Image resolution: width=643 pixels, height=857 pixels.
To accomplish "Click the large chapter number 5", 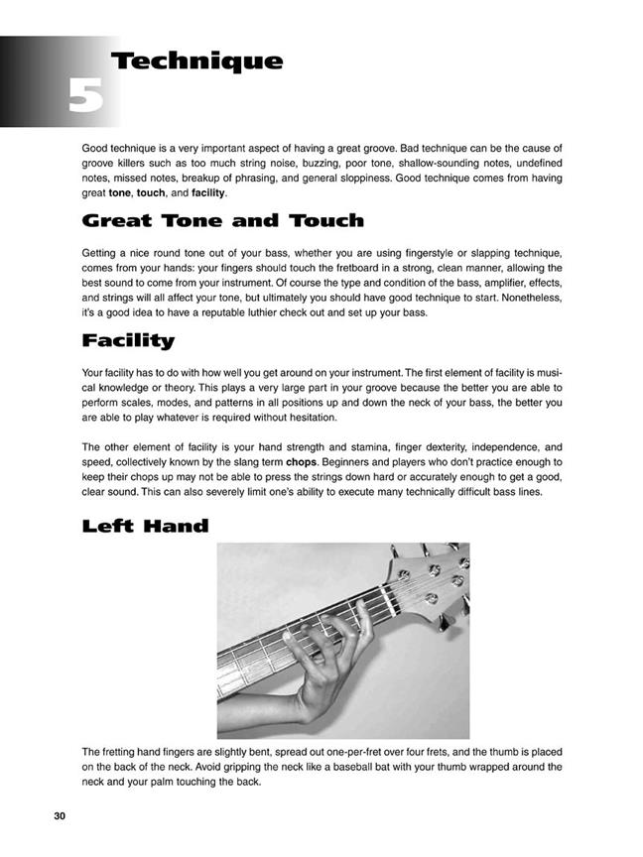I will pos(86,98).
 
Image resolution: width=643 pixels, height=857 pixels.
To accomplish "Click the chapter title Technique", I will pos(197,61).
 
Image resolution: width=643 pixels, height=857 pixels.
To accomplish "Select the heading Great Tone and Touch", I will pos(222,219).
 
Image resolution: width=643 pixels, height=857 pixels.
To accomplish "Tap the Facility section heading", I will pos(128,341).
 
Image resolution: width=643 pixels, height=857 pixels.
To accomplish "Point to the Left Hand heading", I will pos(145,526).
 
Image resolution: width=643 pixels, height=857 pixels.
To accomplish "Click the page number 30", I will pos(60,815).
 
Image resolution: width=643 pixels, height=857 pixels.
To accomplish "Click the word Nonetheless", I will pos(527,298).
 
